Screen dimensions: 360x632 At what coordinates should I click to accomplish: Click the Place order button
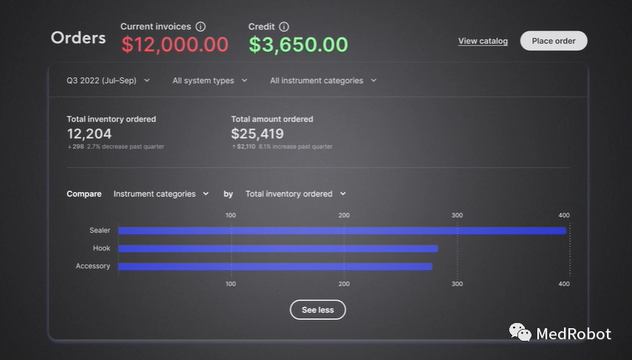(x=554, y=41)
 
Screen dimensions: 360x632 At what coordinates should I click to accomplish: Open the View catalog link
(x=483, y=41)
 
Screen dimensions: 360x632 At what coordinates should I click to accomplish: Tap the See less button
(x=317, y=310)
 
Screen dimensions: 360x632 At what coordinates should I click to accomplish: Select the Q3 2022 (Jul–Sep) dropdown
(x=108, y=81)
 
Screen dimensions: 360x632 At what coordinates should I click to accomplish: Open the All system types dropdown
(x=209, y=81)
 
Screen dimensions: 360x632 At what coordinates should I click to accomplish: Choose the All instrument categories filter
(x=323, y=81)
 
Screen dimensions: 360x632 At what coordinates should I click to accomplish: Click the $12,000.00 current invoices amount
(x=174, y=44)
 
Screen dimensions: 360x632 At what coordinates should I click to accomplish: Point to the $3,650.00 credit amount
(x=298, y=44)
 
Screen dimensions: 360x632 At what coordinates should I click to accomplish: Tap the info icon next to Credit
(x=285, y=27)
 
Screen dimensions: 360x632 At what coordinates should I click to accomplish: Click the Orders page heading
(x=78, y=38)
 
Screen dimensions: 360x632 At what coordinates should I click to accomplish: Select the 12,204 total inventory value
(x=89, y=134)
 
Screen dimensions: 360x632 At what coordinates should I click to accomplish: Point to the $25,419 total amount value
(x=257, y=134)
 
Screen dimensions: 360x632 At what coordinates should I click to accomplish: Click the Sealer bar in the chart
(x=342, y=231)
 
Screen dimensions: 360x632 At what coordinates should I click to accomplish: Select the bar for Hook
(x=278, y=248)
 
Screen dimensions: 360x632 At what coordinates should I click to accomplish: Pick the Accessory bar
(x=275, y=266)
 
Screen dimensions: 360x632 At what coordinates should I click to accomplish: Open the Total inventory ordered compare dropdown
(x=295, y=194)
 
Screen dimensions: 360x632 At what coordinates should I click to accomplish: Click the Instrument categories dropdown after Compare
(x=160, y=194)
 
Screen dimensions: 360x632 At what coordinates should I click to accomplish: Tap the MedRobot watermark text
(x=574, y=334)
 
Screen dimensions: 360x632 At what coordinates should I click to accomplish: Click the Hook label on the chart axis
(x=101, y=248)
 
